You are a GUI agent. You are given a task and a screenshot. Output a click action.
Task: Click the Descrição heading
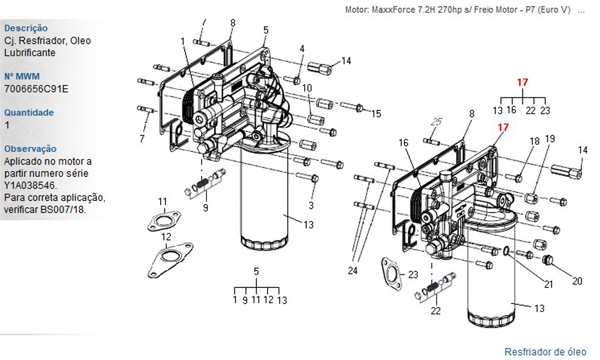26,28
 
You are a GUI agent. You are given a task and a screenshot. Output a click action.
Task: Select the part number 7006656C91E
37,89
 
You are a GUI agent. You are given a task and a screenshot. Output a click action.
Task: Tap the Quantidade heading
29,113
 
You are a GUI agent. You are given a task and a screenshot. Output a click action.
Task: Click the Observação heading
30,149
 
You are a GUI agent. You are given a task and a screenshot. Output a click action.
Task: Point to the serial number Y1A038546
31,185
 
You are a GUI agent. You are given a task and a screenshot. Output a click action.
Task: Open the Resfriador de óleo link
545,352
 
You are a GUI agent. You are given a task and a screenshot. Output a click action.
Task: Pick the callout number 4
302,49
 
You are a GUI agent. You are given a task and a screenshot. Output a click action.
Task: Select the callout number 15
376,113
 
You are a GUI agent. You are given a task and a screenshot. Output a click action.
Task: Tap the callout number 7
142,139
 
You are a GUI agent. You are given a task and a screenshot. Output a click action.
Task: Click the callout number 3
311,205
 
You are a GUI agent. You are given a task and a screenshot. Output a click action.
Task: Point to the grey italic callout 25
436,122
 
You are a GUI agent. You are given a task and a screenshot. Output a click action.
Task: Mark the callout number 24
352,271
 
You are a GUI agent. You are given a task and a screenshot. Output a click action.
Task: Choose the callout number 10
307,88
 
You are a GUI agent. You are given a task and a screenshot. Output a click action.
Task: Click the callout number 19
550,139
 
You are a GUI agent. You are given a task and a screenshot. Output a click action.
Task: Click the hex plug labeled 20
548,260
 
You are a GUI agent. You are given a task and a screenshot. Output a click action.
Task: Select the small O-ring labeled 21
505,251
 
